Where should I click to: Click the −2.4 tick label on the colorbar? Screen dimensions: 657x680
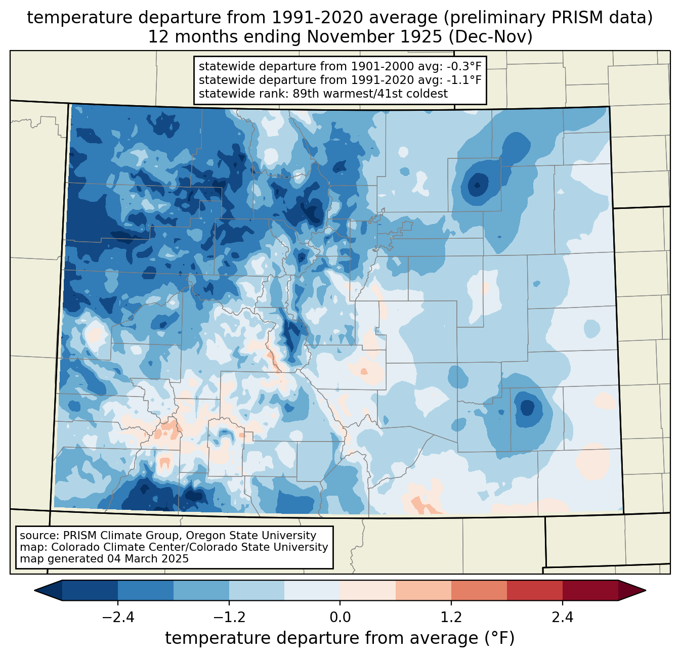[x=118, y=618]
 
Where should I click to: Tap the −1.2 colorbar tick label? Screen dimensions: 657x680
[x=229, y=618]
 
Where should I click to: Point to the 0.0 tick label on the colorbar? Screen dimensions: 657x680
[x=340, y=618]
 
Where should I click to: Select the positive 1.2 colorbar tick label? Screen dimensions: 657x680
[x=451, y=618]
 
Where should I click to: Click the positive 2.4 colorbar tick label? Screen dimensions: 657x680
[x=562, y=618]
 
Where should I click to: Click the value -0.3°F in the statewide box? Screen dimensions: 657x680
[x=461, y=67]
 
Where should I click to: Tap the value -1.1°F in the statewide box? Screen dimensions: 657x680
[x=461, y=80]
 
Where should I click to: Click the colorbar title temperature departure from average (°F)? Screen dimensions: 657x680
[x=339, y=638]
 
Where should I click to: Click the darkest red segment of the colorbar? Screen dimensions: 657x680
[x=590, y=590]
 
